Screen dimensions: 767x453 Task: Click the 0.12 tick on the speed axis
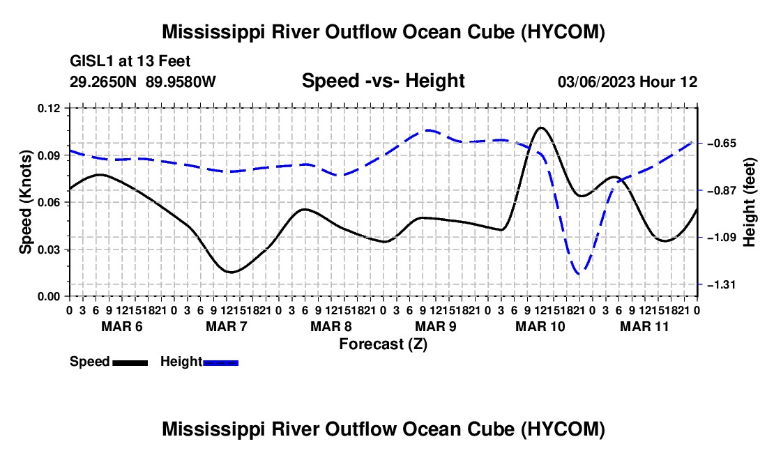(x=48, y=108)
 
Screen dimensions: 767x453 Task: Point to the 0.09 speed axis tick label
(x=48, y=155)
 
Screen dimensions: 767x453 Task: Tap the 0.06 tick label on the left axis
(x=48, y=202)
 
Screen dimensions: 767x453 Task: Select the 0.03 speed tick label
(x=48, y=249)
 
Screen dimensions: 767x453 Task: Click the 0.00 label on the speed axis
(x=48, y=297)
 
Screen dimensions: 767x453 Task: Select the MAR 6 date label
(x=122, y=326)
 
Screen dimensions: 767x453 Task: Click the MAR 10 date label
(x=540, y=326)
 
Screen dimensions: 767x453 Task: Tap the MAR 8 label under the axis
(x=331, y=326)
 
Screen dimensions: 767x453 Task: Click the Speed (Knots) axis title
(x=25, y=202)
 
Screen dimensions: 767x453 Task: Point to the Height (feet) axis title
(x=749, y=202)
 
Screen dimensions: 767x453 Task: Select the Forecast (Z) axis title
(x=383, y=344)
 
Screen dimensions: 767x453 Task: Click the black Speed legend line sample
(x=130, y=363)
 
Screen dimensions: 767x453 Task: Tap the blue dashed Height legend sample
(x=220, y=363)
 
